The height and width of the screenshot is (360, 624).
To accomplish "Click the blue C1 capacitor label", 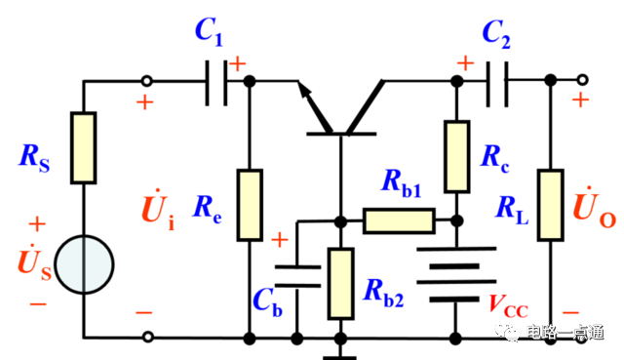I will [209, 31].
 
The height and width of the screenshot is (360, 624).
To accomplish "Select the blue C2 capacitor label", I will [496, 33].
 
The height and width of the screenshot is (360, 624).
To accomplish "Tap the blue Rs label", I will [33, 156].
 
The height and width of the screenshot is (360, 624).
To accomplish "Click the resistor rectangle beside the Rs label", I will [84, 147].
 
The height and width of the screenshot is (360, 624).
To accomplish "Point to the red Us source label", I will [33, 261].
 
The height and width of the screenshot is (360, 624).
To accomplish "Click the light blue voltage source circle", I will [84, 264].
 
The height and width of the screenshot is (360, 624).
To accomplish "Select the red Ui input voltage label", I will [157, 212].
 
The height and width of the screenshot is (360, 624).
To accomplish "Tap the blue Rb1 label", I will [401, 182].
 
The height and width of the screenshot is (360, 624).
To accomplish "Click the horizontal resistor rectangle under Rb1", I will [399, 220].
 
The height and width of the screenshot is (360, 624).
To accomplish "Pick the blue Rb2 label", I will [382, 291].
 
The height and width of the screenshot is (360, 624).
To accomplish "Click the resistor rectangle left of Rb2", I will [340, 283].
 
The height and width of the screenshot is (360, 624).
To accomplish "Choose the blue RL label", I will [511, 208].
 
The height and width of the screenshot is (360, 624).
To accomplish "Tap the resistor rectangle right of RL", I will [551, 205].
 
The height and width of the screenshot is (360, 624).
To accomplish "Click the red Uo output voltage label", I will [593, 208].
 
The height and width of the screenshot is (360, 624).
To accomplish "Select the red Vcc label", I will [507, 305].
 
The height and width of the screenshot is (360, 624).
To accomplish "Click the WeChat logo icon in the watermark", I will [507, 332].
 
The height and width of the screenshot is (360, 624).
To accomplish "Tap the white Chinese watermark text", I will [565, 332].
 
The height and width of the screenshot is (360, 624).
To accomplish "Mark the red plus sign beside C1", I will [237, 63].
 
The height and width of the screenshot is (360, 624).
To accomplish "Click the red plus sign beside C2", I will [465, 62].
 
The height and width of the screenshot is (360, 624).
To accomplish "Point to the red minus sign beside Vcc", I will [570, 312].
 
